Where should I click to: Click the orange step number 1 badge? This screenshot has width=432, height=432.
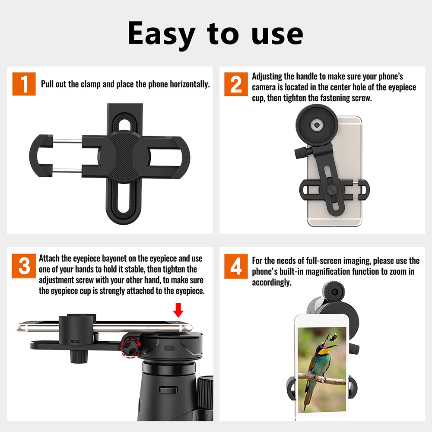(x=24, y=84)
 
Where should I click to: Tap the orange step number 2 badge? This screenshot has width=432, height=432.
(x=236, y=84)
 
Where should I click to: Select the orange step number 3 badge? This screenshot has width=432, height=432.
(x=24, y=266)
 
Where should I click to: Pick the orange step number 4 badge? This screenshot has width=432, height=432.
(x=236, y=266)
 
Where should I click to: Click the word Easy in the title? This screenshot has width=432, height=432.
(x=161, y=34)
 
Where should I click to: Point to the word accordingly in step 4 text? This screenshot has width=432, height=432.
(x=272, y=283)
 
